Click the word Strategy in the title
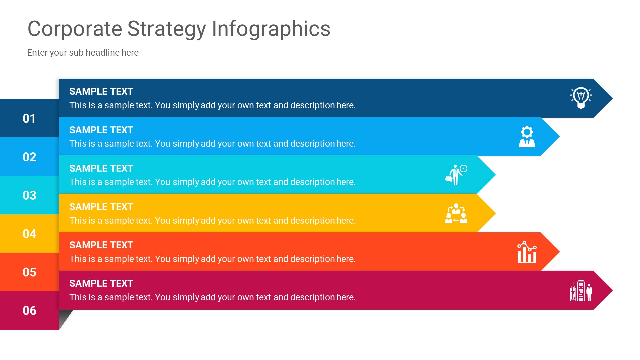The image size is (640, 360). click(167, 29)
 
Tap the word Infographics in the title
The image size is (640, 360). click(271, 29)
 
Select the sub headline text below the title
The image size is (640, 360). click(83, 53)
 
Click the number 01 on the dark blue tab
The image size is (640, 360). click(29, 119)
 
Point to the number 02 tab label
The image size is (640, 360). click(29, 157)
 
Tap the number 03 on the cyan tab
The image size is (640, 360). click(29, 195)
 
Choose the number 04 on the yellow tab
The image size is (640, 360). click(29, 234)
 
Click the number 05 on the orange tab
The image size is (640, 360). click(29, 272)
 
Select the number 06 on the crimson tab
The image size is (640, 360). click(29, 311)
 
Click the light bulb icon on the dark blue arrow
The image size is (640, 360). click(581, 98)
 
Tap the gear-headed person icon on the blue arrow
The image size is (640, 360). click(527, 136)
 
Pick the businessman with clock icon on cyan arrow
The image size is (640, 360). click(456, 175)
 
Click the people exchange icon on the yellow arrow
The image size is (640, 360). click(456, 213)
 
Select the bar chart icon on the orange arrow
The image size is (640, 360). click(527, 252)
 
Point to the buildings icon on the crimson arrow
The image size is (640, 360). click(581, 290)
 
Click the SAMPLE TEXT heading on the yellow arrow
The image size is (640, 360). click(101, 207)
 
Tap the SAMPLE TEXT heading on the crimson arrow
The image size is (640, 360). click(101, 283)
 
